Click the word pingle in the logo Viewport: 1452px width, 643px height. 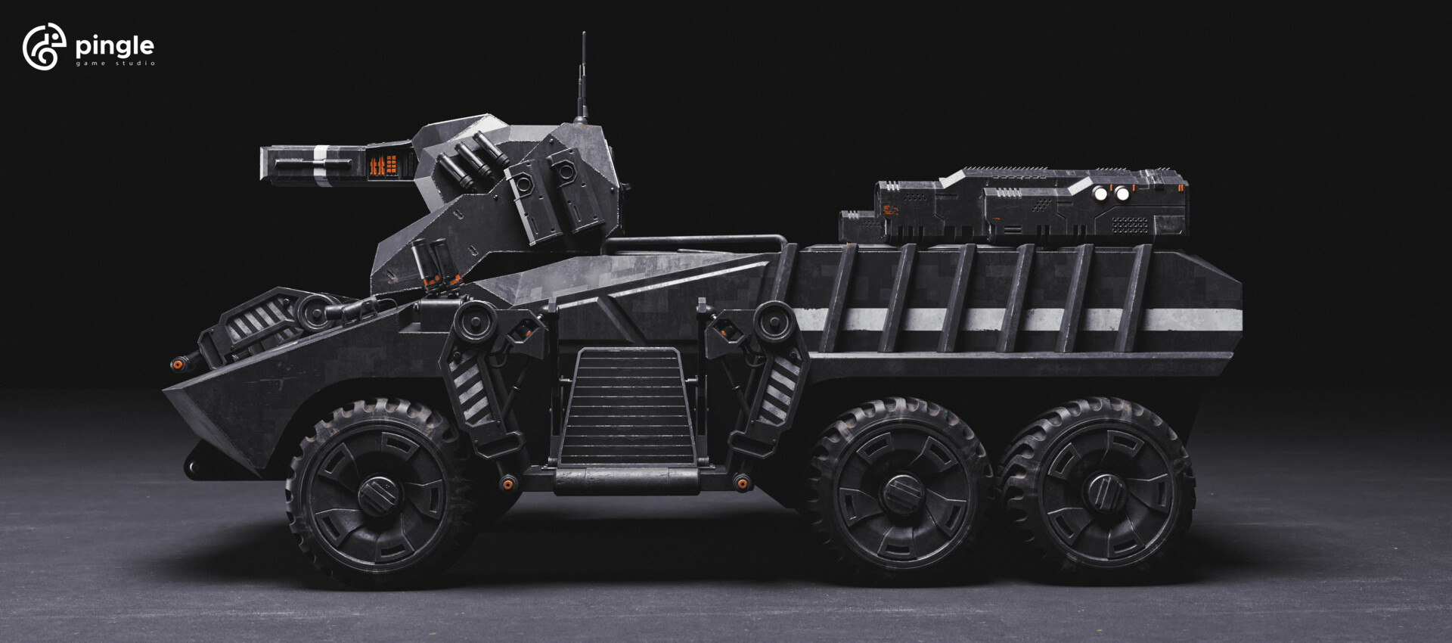pos(115,48)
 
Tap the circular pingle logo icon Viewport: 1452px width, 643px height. pos(44,47)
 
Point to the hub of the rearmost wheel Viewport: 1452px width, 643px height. pos(1103,492)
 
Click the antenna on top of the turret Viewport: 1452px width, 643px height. pos(582,76)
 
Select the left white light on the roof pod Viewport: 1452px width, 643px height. pos(1101,194)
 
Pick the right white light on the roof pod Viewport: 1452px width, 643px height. pos(1122,194)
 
